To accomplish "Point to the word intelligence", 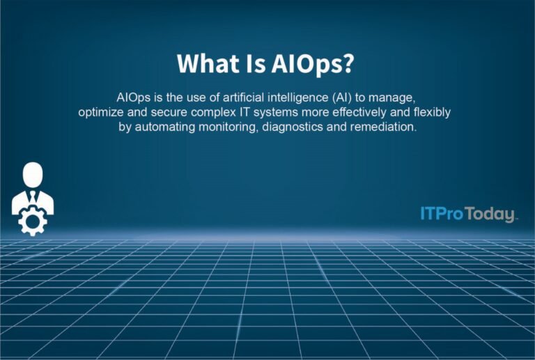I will [x=280, y=97].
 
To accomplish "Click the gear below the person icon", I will [x=33, y=221].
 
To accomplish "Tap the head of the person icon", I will [x=33, y=173].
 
